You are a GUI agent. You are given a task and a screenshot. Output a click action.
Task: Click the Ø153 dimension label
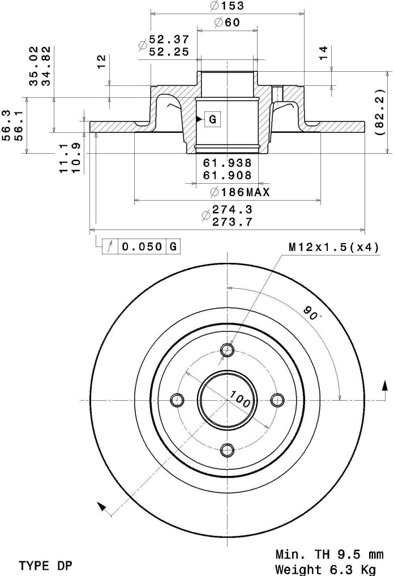(226, 6)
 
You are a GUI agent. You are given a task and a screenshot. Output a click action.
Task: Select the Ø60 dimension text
(227, 23)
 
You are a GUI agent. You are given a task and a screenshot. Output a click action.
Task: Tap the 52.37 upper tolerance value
(169, 39)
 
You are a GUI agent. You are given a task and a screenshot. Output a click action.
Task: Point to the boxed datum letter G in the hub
(213, 119)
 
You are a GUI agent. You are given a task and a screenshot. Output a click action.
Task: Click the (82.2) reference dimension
(380, 112)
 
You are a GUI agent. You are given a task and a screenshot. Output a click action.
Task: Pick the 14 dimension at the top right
(323, 53)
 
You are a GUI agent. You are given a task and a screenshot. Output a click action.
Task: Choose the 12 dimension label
(101, 62)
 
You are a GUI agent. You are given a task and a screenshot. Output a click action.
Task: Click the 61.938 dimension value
(228, 162)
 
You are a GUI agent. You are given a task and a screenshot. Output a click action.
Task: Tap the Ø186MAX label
(240, 192)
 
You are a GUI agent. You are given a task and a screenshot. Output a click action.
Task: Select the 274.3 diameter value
(232, 209)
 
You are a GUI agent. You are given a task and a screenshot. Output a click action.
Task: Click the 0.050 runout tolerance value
(142, 246)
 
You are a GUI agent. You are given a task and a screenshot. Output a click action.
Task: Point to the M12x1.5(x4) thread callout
(333, 248)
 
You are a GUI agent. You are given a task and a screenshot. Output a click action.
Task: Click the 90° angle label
(312, 313)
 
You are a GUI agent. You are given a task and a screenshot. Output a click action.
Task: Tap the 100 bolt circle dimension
(240, 399)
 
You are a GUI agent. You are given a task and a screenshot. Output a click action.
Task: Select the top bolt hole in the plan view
(228, 349)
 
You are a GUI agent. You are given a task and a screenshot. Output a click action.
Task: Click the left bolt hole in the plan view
(178, 400)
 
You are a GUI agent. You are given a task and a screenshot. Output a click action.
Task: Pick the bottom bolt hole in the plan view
(228, 449)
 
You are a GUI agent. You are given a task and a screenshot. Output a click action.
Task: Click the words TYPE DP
(46, 565)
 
